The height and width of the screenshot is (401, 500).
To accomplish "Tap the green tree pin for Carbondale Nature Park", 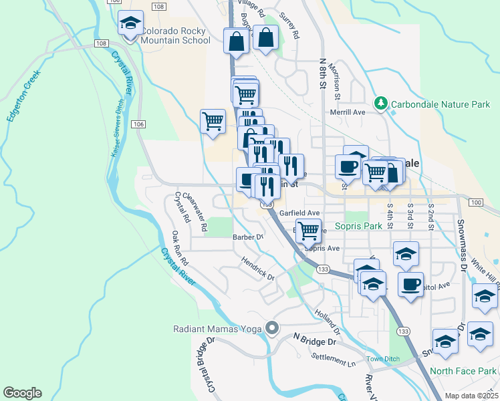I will click(x=380, y=104).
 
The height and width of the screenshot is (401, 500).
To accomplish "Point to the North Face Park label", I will click(x=463, y=371).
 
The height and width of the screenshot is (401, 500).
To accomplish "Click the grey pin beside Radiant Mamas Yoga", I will click(x=272, y=328).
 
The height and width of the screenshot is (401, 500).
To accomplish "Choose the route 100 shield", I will click(x=475, y=202).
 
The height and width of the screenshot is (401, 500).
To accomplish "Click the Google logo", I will click(x=22, y=392).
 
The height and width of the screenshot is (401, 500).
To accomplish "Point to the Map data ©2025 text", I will click(x=471, y=396).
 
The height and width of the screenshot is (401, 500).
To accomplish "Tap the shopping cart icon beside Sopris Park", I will click(x=308, y=231).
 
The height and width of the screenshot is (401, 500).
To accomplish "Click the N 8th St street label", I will click(x=322, y=74).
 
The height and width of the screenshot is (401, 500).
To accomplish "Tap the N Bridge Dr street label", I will click(x=313, y=339).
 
